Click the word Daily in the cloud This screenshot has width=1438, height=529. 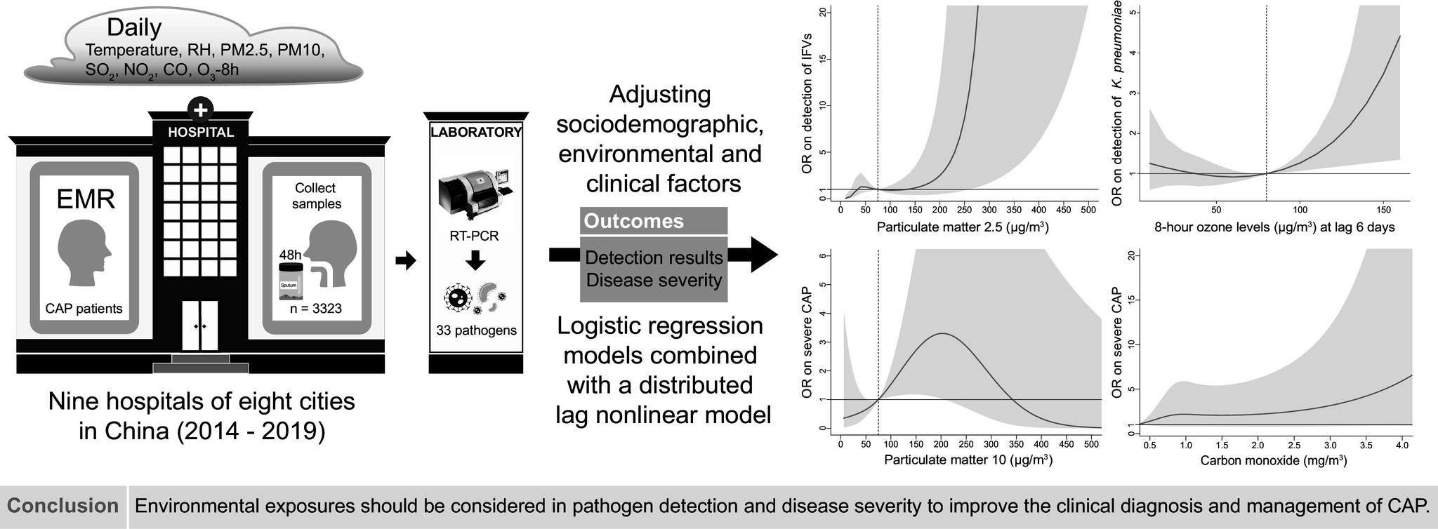click(133, 27)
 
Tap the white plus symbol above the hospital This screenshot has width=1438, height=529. click(200, 110)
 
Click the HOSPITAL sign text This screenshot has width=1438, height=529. click(200, 133)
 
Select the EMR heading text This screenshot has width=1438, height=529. click(85, 200)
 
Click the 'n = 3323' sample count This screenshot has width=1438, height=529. click(315, 309)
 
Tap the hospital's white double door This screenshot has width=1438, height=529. click(200, 326)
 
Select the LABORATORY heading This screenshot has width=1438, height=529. click(476, 133)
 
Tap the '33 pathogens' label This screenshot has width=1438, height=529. click(476, 330)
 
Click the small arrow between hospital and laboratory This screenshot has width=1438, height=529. click(406, 261)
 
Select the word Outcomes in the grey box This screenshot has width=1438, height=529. click(633, 222)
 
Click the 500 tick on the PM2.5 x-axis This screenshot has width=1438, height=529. click(1088, 210)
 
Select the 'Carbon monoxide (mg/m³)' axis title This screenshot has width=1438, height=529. click(1273, 461)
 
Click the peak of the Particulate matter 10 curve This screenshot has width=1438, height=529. click(942, 334)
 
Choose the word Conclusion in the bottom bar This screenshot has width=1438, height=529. click(63, 506)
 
